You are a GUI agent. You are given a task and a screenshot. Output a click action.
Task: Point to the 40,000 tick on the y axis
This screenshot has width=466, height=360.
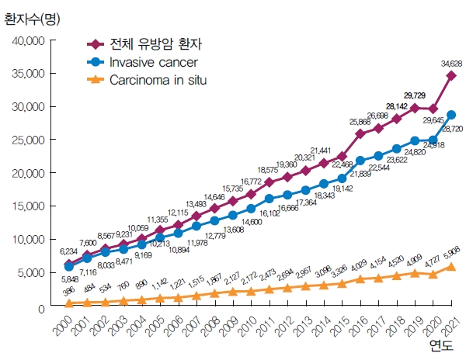[x=29, y=40]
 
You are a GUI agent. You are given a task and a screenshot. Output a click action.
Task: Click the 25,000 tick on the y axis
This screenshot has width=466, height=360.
[x=29, y=140]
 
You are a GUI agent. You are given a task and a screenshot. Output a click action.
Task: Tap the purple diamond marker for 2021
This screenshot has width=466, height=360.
[x=451, y=76]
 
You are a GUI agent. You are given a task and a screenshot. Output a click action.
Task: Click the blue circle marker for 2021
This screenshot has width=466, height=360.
[x=451, y=115]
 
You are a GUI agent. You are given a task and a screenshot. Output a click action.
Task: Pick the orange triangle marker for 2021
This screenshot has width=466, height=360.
[x=451, y=266]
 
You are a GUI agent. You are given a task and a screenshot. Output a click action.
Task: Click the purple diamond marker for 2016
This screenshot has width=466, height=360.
[x=360, y=133]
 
